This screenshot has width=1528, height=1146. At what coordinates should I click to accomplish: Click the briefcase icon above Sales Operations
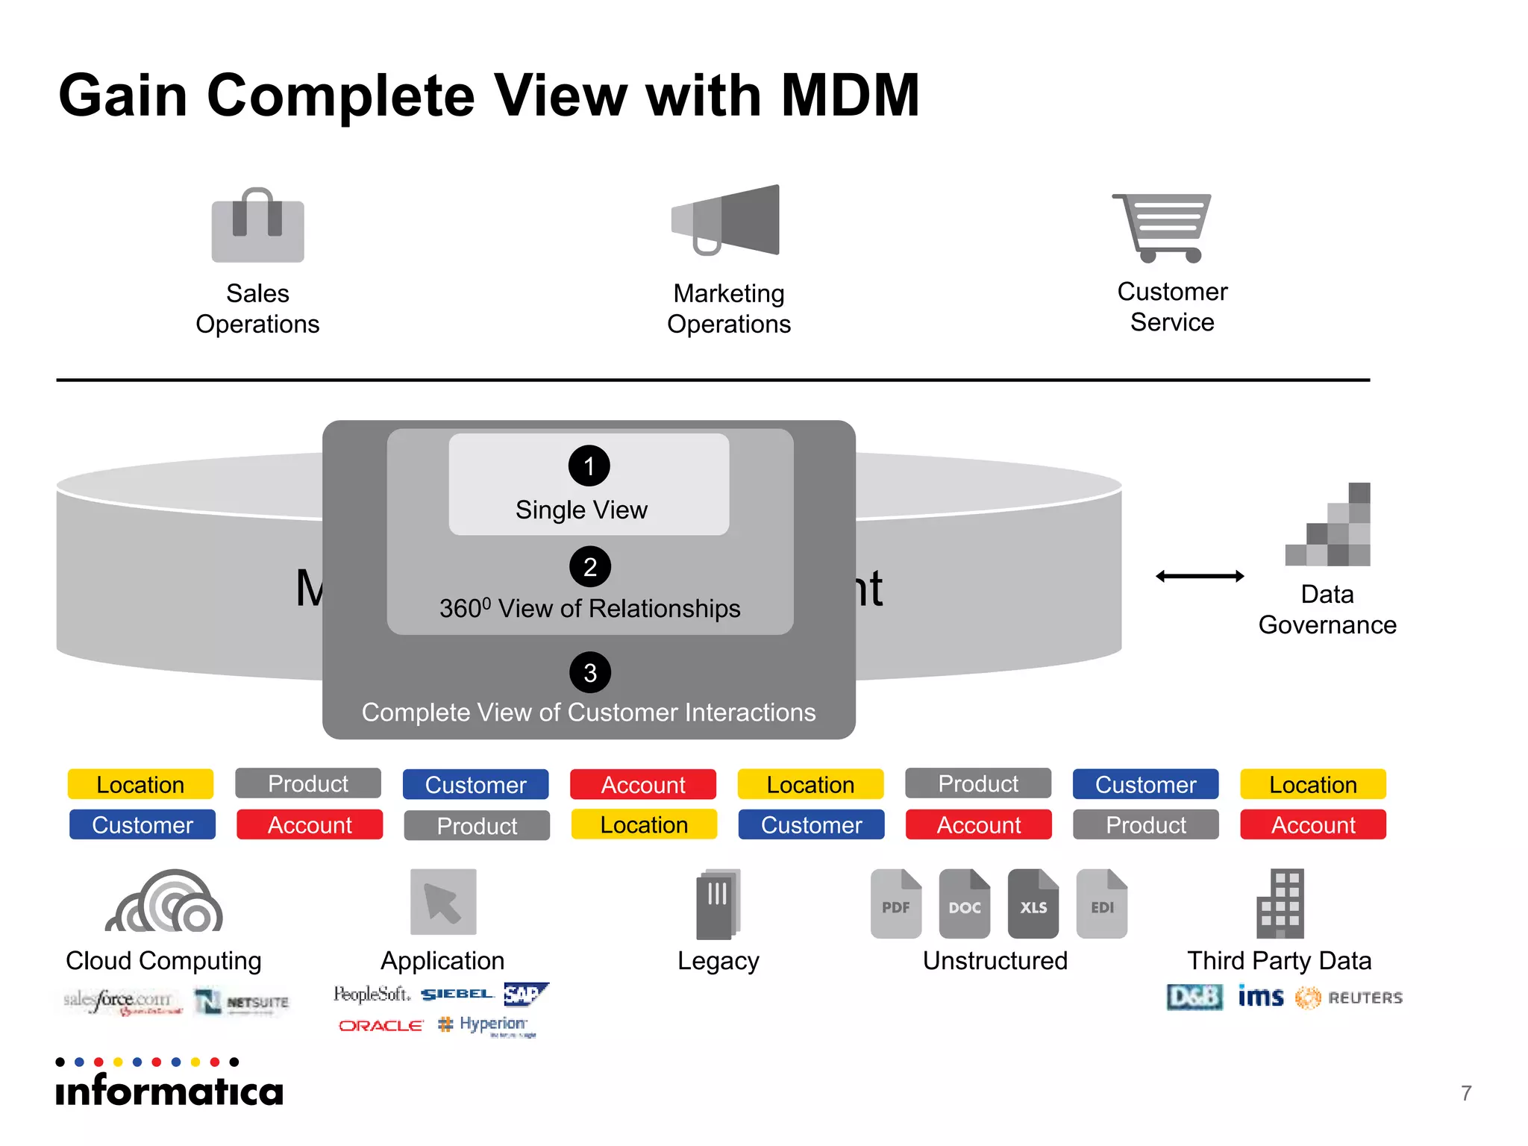click(x=257, y=226)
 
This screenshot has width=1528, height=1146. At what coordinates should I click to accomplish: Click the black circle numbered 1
click(x=589, y=466)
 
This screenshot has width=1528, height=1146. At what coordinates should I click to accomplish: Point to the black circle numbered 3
click(x=589, y=673)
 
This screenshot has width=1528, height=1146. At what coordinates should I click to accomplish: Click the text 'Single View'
click(x=581, y=510)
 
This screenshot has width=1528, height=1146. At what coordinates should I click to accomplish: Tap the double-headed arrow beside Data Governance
click(x=1199, y=576)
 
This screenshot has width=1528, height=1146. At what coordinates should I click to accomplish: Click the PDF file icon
click(x=895, y=904)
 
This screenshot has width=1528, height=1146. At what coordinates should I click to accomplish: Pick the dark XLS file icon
click(x=1033, y=904)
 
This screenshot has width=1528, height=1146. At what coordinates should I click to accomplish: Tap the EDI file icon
click(x=1101, y=904)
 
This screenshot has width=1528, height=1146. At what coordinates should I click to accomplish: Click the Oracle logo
click(x=381, y=1026)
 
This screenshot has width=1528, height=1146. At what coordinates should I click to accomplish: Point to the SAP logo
click(x=525, y=994)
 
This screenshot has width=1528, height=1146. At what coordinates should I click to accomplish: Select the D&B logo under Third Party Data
click(x=1194, y=998)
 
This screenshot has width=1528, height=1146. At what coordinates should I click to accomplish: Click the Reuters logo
click(x=1349, y=998)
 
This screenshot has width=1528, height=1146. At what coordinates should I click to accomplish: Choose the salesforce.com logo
click(x=122, y=1001)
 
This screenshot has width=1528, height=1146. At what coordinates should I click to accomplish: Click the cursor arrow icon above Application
click(x=443, y=901)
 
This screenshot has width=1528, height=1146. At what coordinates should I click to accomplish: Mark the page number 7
click(x=1466, y=1093)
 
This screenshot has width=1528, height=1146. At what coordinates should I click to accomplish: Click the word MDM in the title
click(x=850, y=96)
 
